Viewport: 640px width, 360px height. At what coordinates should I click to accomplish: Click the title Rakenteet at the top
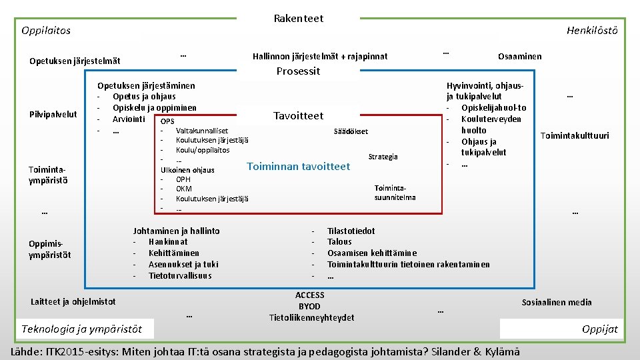point(298,19)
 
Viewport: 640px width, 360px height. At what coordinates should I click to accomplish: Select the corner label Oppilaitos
point(46,31)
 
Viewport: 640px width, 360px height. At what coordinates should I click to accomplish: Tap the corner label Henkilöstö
point(591,31)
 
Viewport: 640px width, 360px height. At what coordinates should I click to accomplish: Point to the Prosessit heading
point(298,71)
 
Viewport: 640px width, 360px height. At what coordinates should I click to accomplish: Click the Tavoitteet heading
point(298,116)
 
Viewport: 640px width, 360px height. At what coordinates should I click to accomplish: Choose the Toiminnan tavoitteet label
point(298,167)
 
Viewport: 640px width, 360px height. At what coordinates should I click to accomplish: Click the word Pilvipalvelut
point(53,115)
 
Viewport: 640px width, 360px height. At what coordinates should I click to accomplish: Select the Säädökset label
point(350,132)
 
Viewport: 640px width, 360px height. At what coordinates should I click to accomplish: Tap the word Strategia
point(383,157)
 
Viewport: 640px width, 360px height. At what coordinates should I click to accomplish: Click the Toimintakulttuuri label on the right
point(574,136)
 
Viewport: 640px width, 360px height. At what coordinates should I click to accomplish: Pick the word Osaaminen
point(519,57)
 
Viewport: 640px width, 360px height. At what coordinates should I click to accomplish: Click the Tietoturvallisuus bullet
point(179,275)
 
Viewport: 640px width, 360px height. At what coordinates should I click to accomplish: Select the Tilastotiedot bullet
point(351,231)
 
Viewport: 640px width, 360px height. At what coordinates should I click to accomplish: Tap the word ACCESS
point(309,295)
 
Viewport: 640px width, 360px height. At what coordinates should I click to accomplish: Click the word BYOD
point(309,306)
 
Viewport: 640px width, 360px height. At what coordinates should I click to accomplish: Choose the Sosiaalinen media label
point(556,303)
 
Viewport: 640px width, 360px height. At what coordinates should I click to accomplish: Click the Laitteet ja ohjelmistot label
point(73,302)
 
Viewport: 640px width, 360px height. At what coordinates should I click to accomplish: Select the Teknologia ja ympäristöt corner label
point(81,329)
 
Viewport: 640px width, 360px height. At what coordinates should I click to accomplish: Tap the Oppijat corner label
point(599,329)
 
